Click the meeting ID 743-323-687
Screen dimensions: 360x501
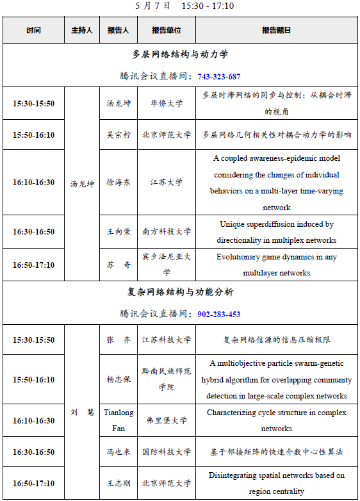tap(219, 76)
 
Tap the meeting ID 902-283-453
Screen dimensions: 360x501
tap(219, 314)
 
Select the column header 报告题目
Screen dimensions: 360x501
tap(276, 31)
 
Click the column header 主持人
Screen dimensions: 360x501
tap(82, 31)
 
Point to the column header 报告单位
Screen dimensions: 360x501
tap(167, 31)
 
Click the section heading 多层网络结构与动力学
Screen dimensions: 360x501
tap(180, 54)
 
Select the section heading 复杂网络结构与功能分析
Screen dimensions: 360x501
tap(180, 292)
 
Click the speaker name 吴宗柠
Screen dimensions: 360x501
tap(119, 135)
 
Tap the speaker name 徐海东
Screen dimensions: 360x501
tap(119, 182)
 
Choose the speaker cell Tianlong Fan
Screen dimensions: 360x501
tap(119, 420)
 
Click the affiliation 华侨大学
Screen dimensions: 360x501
tap(167, 103)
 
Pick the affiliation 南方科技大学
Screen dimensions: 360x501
tap(167, 232)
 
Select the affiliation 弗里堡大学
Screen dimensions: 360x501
tap(167, 421)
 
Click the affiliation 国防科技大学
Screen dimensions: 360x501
tap(167, 452)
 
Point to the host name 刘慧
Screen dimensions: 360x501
tap(82, 412)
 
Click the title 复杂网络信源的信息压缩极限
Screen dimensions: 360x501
tap(276, 340)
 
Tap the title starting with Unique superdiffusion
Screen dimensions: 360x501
tap(276, 232)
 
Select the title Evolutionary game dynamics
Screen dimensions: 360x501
tap(276, 265)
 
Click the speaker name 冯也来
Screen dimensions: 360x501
tap(119, 452)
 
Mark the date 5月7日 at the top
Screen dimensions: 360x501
tap(154, 6)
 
